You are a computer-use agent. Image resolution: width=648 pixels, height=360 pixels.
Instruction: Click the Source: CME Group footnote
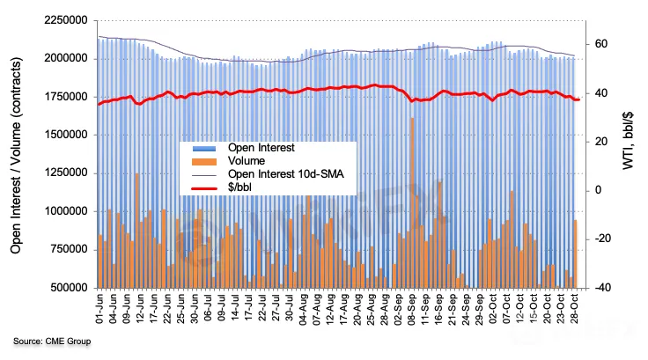coord(51,341)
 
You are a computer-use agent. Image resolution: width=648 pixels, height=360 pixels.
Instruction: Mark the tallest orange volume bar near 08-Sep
coord(412,202)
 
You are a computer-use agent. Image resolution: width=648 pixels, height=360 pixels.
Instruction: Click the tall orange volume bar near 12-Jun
coord(137,231)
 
